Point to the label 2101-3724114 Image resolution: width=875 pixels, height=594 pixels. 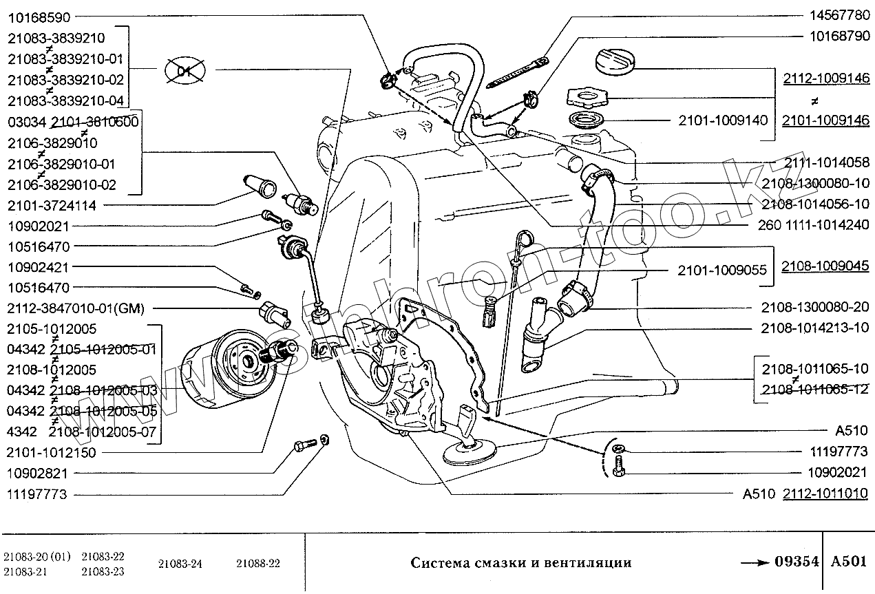(x=52, y=205)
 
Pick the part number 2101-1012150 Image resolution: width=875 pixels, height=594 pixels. (x=52, y=452)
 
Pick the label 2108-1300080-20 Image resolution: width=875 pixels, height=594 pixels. (x=815, y=307)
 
